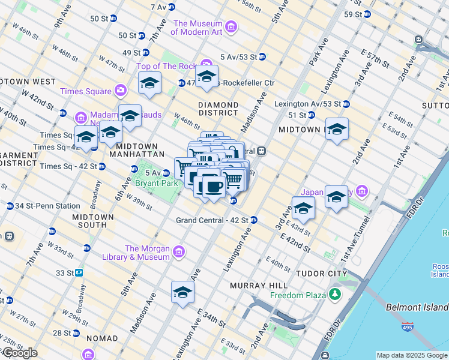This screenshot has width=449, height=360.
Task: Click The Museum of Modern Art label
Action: tap(199, 27)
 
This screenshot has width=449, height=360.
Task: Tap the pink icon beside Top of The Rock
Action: tap(206, 63)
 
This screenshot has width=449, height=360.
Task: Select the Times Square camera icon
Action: tap(121, 91)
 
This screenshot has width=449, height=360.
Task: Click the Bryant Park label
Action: tap(156, 183)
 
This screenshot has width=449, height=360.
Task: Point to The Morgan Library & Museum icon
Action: tap(178, 253)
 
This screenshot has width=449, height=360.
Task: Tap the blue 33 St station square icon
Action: tap(79, 272)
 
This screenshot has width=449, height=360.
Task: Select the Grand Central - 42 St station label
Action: tap(212, 220)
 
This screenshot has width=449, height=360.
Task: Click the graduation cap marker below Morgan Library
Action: tap(182, 293)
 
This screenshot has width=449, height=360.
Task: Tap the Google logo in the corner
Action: tap(19, 353)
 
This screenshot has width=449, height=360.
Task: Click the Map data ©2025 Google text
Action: tap(411, 355)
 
